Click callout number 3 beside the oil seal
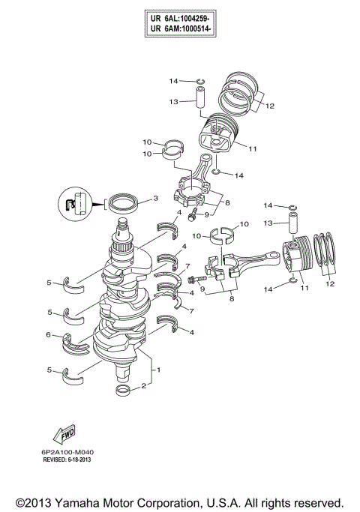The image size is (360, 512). coord(154,199)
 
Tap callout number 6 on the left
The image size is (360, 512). coord(48,335)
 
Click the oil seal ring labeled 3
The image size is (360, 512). coord(122,202)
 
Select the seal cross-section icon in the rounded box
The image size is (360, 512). coord(70,203)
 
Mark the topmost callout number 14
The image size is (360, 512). coord(173,80)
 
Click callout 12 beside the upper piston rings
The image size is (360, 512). coord(269,106)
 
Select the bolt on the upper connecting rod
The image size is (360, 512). coord(193,217)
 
